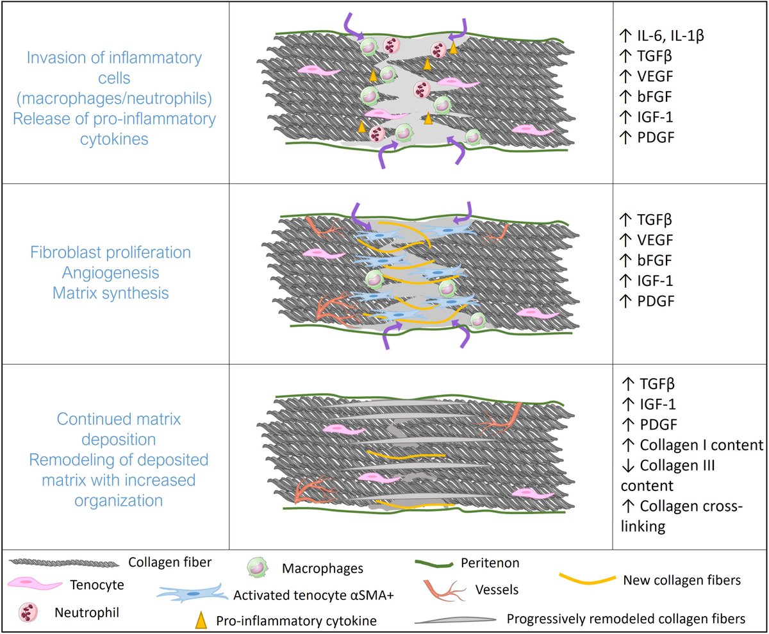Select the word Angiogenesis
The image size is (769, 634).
coord(110,272)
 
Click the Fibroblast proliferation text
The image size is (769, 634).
coord(110,252)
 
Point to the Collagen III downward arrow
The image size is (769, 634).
coord(628,465)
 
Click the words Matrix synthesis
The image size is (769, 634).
coord(110,293)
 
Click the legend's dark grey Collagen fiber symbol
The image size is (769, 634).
coord(64,563)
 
